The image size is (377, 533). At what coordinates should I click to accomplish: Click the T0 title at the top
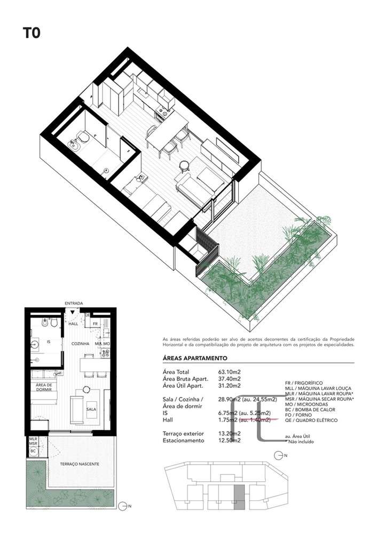(x=31, y=33)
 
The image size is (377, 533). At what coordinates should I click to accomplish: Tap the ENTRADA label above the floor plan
(x=74, y=303)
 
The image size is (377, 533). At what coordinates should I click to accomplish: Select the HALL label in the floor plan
(x=74, y=323)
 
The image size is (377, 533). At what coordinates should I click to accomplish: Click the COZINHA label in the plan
(x=80, y=344)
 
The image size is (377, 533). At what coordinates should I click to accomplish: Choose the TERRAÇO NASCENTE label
(x=80, y=464)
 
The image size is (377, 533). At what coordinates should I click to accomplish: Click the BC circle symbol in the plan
(x=33, y=451)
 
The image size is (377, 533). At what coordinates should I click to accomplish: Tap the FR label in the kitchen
(x=95, y=324)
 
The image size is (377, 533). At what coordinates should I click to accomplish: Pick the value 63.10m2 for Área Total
(x=230, y=372)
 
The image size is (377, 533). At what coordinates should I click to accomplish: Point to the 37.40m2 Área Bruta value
(x=230, y=378)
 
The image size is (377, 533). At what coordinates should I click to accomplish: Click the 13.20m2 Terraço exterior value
(x=230, y=434)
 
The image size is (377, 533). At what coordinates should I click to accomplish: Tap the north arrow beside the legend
(x=278, y=455)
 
